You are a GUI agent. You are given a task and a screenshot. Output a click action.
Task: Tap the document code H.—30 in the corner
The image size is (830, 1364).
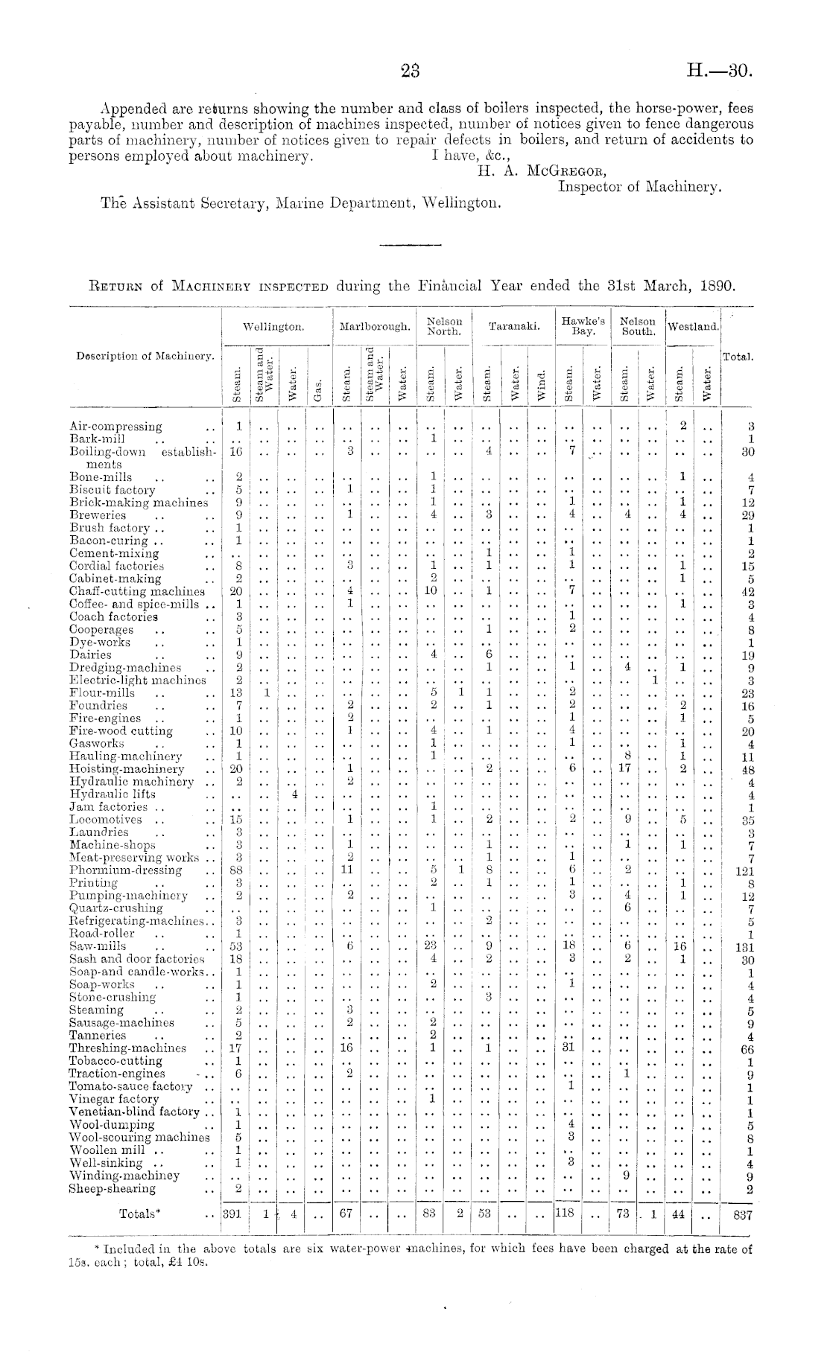click(x=720, y=71)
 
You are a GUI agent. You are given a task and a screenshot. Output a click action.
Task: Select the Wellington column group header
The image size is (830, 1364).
click(x=276, y=327)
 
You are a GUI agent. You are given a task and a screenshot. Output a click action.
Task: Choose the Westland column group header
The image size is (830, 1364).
click(x=694, y=327)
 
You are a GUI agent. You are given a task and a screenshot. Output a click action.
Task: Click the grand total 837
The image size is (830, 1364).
click(x=741, y=1214)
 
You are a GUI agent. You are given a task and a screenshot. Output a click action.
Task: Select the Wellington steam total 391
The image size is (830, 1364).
click(x=234, y=1214)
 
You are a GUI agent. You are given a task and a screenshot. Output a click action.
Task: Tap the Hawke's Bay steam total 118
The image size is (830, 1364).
click(x=568, y=1214)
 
